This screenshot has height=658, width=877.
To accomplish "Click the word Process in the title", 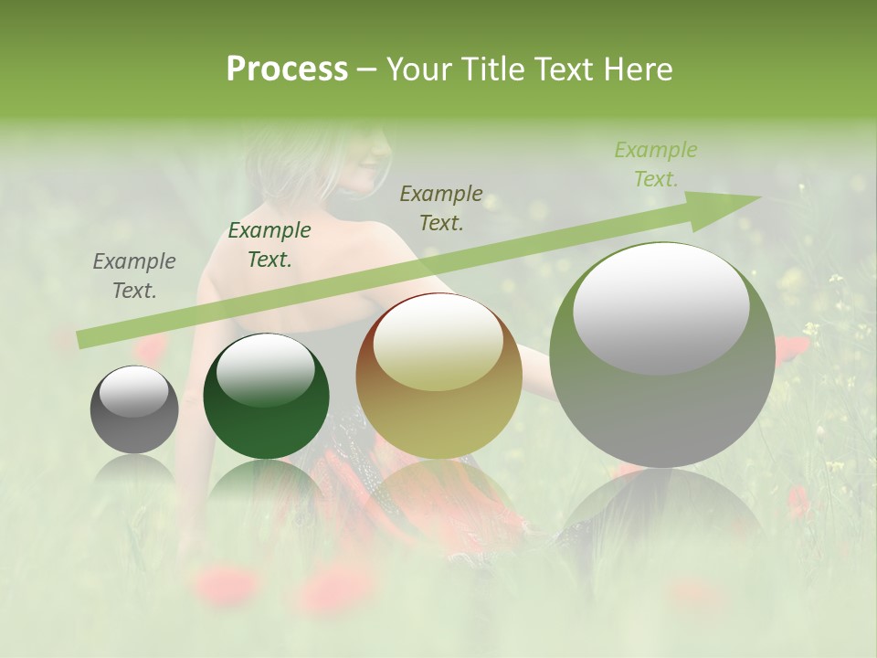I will [287, 69].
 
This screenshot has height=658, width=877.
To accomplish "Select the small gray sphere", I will [134, 410].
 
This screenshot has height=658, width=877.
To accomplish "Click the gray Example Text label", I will [134, 276].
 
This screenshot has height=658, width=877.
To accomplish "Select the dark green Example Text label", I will [269, 245].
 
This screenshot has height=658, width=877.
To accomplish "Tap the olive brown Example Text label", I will [441, 207].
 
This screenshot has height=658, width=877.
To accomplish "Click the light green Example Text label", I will [656, 164].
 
